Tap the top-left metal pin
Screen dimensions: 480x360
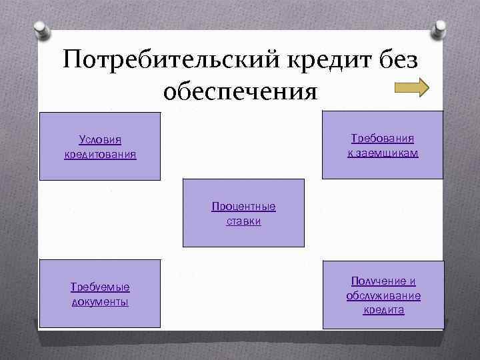[41, 31]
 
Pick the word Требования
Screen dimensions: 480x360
[382, 138]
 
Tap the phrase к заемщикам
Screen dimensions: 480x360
[382, 153]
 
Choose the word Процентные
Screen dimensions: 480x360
[243, 206]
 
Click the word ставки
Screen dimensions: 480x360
[243, 221]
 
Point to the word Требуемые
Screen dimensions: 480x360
[100, 287]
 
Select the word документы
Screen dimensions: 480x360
[100, 302]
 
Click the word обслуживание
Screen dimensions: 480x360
[383, 295]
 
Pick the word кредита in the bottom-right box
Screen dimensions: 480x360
[383, 310]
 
